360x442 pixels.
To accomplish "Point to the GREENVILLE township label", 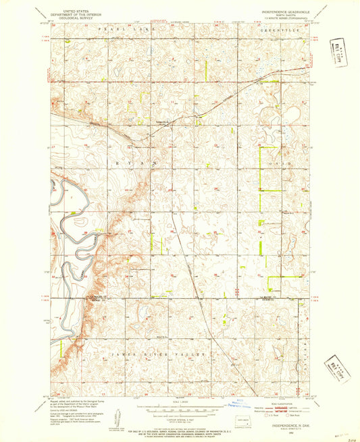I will [275, 30].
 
